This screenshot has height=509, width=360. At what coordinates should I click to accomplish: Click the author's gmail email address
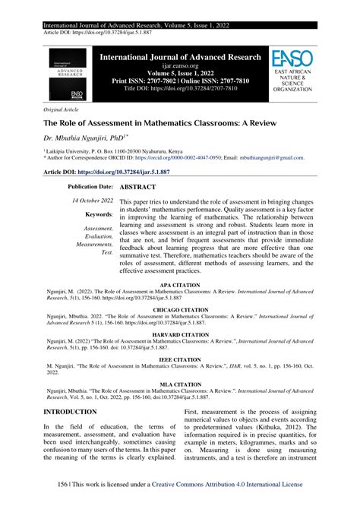point(271,159)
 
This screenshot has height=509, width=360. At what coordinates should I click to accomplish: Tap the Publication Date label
point(90,186)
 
